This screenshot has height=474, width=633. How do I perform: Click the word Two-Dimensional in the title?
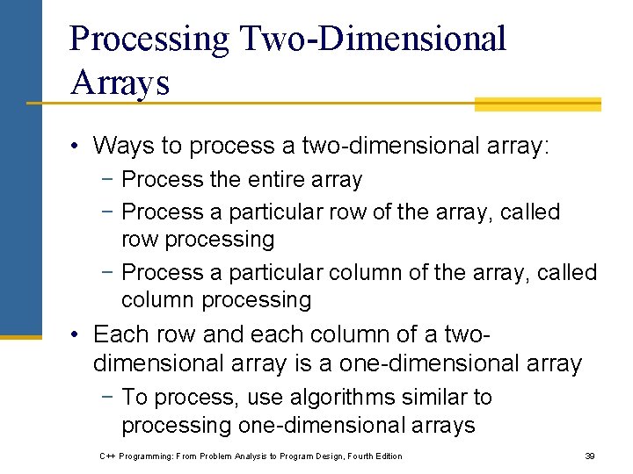[368, 39]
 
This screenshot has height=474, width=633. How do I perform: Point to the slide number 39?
[590, 456]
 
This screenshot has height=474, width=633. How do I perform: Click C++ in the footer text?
[108, 456]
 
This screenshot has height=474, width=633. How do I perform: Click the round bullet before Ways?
[78, 145]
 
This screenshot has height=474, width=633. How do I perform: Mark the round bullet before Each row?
[78, 334]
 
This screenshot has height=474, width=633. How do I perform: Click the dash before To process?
[108, 398]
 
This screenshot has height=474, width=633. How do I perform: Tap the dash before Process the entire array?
[108, 180]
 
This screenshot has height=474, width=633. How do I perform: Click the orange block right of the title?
[537, 104]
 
